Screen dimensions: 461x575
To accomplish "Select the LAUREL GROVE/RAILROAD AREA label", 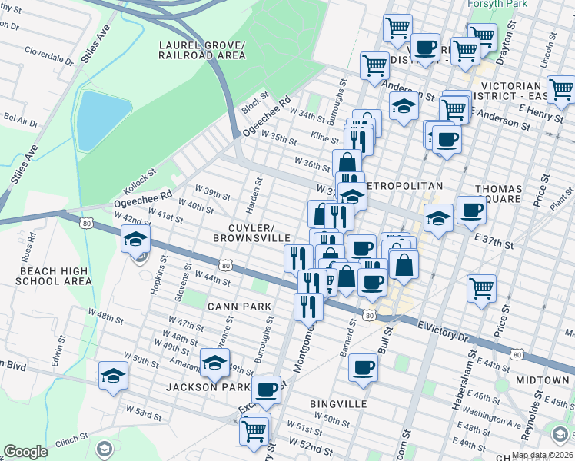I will (202, 50).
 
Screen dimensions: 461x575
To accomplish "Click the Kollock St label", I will (140, 183).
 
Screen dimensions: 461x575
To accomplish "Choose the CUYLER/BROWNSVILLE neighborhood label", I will (251, 234).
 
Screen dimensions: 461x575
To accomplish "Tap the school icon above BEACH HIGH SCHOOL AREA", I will (135, 240).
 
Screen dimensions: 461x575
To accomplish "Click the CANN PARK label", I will (240, 307).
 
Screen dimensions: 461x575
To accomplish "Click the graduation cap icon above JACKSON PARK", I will (214, 362).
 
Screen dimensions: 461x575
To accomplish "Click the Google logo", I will (25, 452).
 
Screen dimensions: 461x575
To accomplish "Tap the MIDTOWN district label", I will (542, 380).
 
